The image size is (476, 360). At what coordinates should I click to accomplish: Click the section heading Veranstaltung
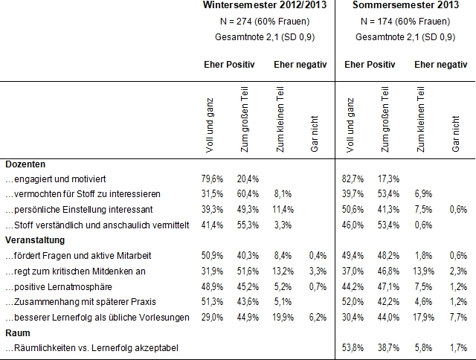point(35,240)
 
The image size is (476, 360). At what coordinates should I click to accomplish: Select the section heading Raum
point(17,332)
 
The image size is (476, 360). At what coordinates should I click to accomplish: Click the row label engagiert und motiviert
point(57,179)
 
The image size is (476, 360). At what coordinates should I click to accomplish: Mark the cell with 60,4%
point(249,195)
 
